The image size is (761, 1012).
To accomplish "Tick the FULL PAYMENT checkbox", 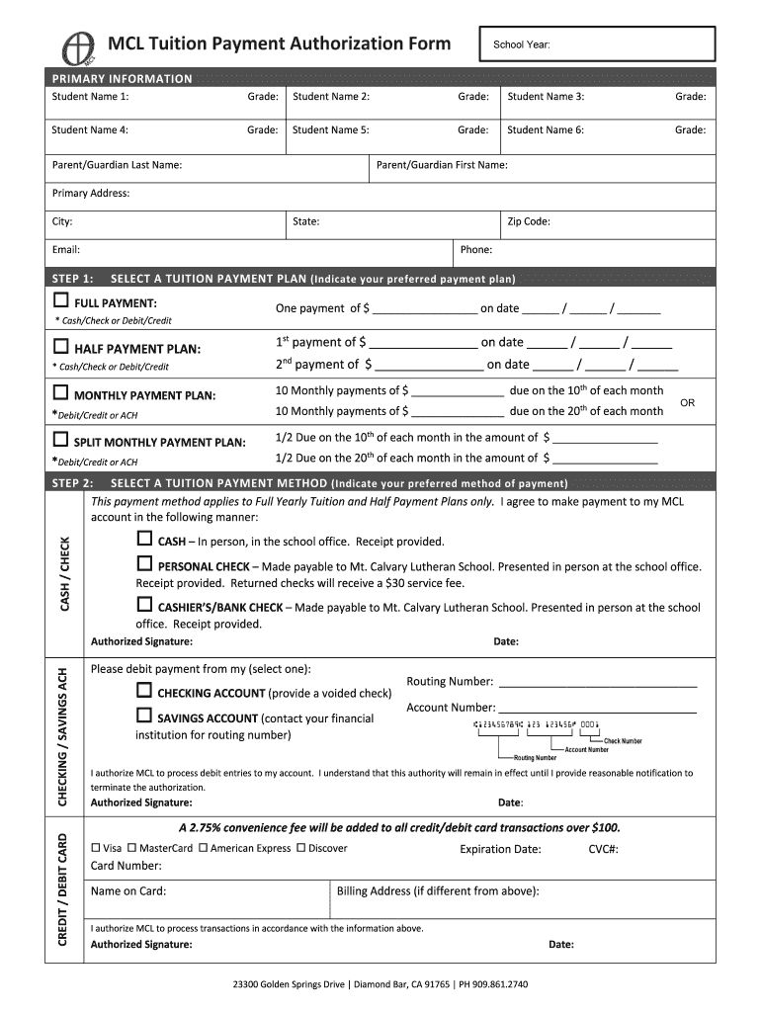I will pyautogui.click(x=61, y=300).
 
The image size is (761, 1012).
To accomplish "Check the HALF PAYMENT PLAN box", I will pyautogui.click(x=61, y=347).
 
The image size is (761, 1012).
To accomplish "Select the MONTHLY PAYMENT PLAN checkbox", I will pyautogui.click(x=61, y=394).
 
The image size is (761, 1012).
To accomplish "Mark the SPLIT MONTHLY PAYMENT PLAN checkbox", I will pyautogui.click(x=61, y=440).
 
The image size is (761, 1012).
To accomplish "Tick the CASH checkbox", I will pyautogui.click(x=144, y=540).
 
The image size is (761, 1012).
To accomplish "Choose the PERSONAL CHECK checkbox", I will pyautogui.click(x=144, y=564).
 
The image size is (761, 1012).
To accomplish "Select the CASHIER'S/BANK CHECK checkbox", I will pyautogui.click(x=144, y=605).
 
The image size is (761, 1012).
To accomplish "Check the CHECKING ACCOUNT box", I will pyautogui.click(x=144, y=692).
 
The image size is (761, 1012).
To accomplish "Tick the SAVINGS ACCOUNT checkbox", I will pyautogui.click(x=144, y=717).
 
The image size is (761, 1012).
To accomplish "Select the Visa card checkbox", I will pyautogui.click(x=96, y=848).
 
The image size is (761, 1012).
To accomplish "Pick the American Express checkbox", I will pyautogui.click(x=203, y=848).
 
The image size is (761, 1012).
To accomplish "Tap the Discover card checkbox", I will pyautogui.click(x=300, y=848).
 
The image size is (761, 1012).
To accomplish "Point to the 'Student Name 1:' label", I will pyautogui.click(x=90, y=97).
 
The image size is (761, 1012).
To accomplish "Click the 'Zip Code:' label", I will pyautogui.click(x=529, y=221).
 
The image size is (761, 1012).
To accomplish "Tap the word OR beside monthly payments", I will pyautogui.click(x=688, y=402).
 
